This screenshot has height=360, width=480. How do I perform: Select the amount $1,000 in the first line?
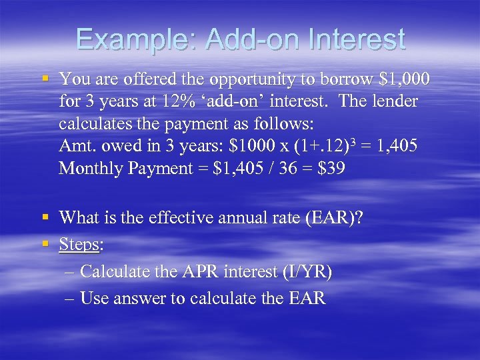tap(405, 79)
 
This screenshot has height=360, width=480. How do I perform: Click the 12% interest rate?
tap(173, 101)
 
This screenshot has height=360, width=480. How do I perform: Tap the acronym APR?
tap(198, 272)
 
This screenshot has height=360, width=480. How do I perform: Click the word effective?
tap(181, 218)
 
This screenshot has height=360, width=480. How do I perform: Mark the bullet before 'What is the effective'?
tap(45, 217)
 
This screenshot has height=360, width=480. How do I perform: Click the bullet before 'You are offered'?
tap(45, 79)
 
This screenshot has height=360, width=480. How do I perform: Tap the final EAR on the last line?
tap(306, 298)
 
